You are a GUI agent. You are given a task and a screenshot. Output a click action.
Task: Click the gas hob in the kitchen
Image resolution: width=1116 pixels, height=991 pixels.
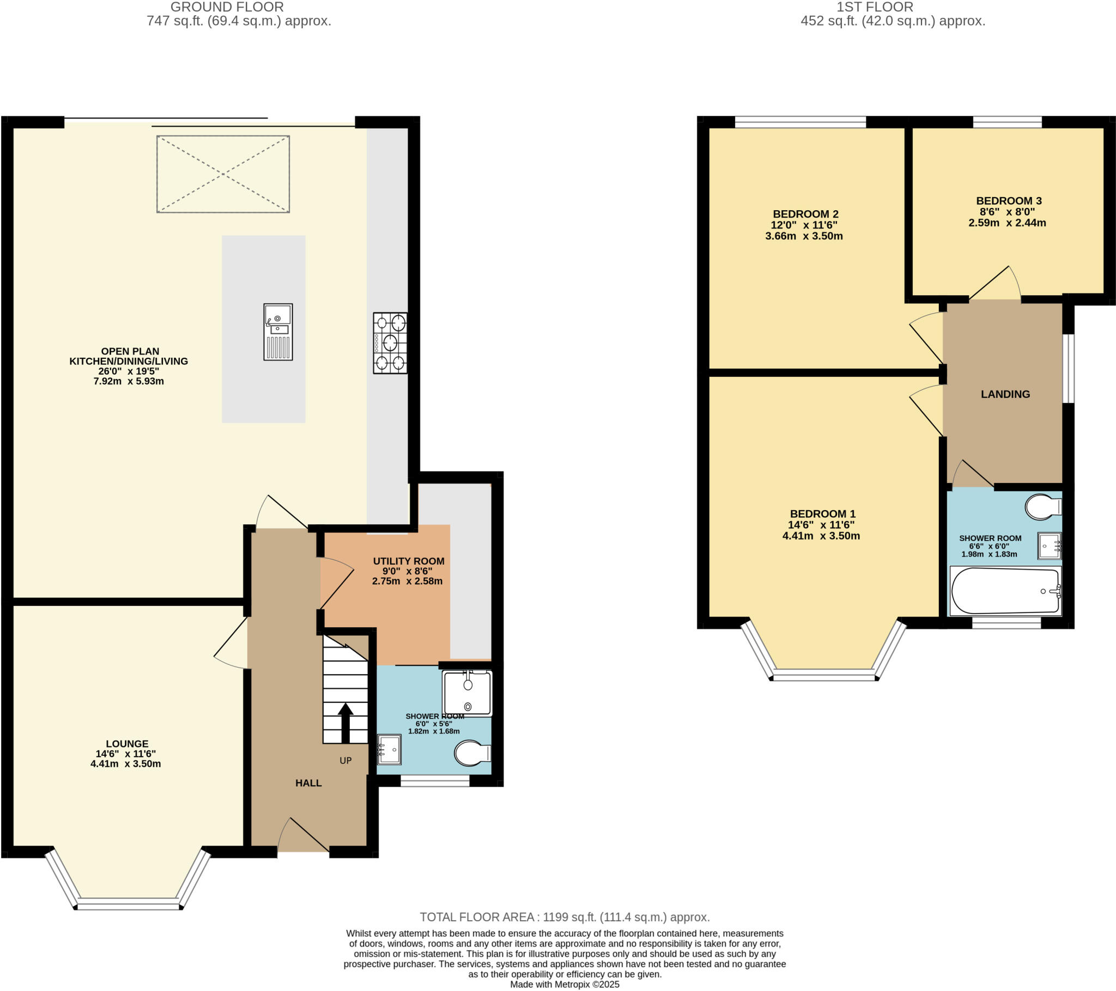[390, 342]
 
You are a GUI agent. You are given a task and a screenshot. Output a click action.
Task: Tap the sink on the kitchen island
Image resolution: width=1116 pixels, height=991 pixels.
[278, 332]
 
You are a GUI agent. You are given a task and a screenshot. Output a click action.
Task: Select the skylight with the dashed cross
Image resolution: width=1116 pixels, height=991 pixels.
[223, 174]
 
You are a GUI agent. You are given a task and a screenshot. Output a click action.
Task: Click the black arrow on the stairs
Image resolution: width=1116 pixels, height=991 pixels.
[345, 723]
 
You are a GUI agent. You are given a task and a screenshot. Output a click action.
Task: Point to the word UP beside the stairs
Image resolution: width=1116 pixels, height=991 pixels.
[345, 761]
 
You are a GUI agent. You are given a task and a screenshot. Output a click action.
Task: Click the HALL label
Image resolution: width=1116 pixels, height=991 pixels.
[308, 783]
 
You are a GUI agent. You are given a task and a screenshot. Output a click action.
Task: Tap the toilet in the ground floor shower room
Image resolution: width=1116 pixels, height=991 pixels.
[472, 754]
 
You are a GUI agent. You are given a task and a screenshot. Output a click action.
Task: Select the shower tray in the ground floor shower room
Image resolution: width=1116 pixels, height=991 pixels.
[468, 693]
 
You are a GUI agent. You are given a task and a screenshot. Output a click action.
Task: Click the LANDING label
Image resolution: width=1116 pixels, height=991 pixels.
[1005, 394]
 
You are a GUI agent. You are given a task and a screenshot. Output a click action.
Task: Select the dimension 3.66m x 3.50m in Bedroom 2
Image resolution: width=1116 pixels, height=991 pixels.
[804, 236]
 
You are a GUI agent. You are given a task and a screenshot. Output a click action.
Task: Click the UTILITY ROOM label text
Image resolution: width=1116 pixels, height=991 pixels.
[408, 561]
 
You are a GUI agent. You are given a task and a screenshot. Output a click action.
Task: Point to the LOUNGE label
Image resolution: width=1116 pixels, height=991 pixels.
[127, 744]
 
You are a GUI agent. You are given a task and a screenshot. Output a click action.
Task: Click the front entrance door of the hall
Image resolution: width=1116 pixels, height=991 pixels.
[304, 837]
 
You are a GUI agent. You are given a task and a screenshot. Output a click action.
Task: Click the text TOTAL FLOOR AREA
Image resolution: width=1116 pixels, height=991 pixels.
[477, 917]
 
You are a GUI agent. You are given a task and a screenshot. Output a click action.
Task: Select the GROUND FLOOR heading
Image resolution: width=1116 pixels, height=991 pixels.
[227, 7]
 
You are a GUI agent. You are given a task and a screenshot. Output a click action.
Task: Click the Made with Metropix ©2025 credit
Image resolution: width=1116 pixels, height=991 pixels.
[565, 984]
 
